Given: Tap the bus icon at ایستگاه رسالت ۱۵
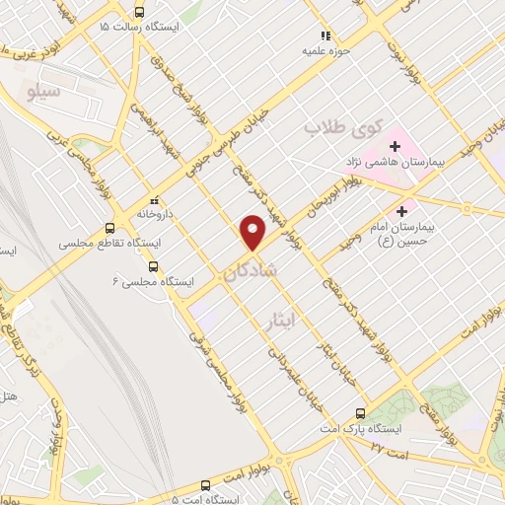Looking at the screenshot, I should [x=138, y=13].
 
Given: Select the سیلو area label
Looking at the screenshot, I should [x=71, y=92].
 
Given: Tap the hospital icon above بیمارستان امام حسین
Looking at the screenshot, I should [x=401, y=211].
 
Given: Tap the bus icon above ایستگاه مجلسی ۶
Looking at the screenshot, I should [x=152, y=266].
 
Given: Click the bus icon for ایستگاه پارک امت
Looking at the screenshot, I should [x=360, y=414].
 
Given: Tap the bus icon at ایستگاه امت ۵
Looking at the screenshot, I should [x=205, y=485].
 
